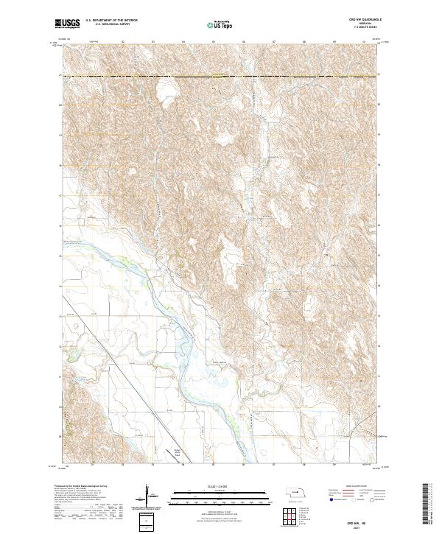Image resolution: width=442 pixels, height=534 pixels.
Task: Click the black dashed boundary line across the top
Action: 221,76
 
